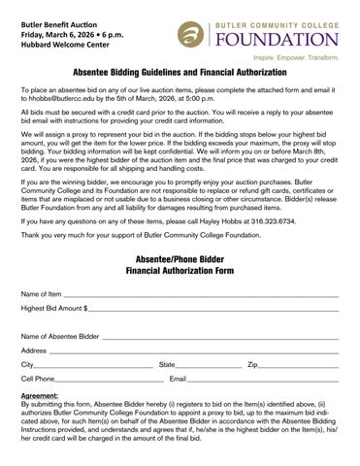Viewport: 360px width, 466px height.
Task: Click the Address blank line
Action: [193, 350]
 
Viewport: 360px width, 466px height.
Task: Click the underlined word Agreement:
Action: [40, 396]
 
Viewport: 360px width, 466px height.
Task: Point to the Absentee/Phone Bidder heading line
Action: [180, 259]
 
